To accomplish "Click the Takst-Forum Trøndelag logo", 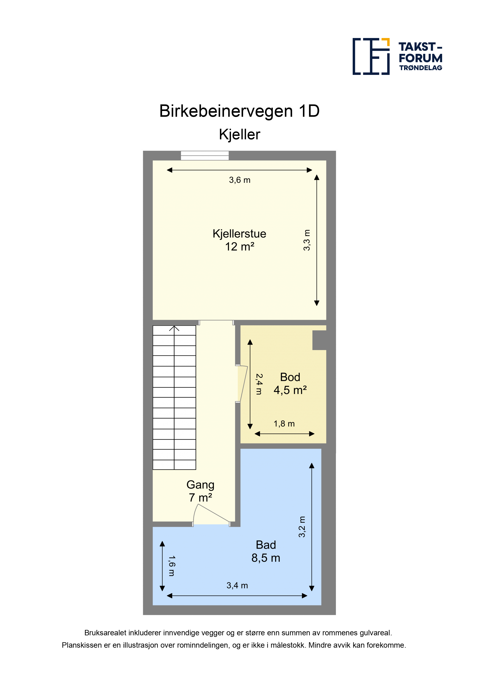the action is click(x=397, y=56).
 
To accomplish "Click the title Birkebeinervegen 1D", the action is click(x=239, y=111).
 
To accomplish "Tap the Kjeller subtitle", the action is click(x=239, y=135).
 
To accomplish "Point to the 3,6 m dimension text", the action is click(x=240, y=180).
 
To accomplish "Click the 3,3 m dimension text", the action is click(x=307, y=240).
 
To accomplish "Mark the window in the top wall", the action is click(x=205, y=155).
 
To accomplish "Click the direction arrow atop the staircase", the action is click(x=174, y=328).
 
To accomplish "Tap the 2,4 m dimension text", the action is click(x=259, y=384).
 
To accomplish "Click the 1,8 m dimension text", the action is click(x=284, y=424).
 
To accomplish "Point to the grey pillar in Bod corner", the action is click(x=319, y=340).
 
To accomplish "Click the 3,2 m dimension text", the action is click(x=302, y=527).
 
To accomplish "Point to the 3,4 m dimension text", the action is click(x=237, y=585).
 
